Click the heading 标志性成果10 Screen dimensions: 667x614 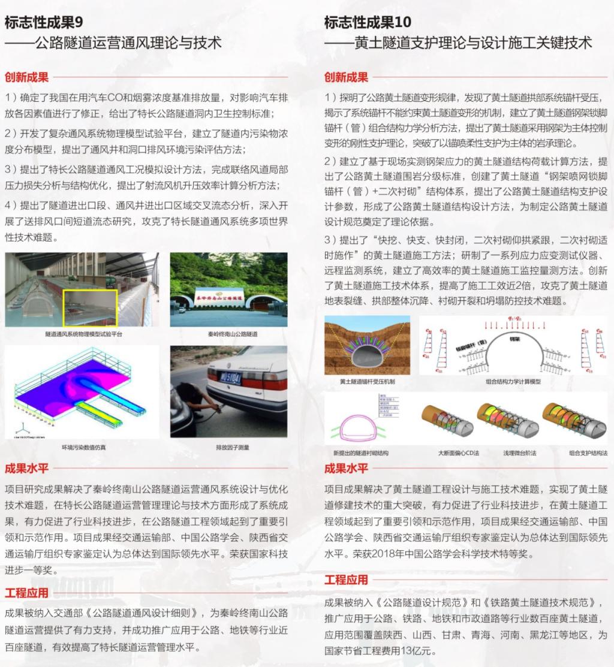pos(368,22)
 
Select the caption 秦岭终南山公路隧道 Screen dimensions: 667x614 pos(228,333)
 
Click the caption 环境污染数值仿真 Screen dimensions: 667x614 pos(82,447)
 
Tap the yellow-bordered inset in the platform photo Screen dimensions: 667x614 pos(91,307)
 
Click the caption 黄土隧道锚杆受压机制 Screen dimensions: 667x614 pos(368,382)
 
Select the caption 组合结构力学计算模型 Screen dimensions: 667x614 pos(513,382)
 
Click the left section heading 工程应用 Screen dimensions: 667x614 pos(26,593)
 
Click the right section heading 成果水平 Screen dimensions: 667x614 pos(346,468)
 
